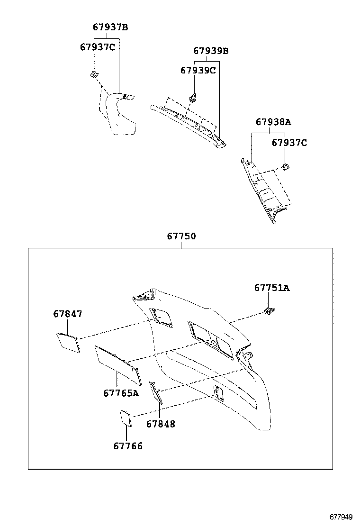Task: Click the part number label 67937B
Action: [x=110, y=27]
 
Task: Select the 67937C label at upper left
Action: [x=98, y=46]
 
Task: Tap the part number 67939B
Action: [x=211, y=51]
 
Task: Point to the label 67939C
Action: [x=198, y=70]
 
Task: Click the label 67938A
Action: [x=273, y=122]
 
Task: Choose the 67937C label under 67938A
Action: [x=289, y=142]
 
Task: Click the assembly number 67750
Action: [x=181, y=236]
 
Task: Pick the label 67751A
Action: [x=271, y=288]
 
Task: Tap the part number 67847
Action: [x=68, y=314]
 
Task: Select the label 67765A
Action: [x=121, y=393]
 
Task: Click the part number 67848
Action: [x=161, y=424]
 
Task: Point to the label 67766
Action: [x=128, y=446]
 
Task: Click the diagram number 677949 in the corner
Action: [x=342, y=517]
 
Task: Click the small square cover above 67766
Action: [x=126, y=418]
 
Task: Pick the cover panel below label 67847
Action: [x=68, y=342]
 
